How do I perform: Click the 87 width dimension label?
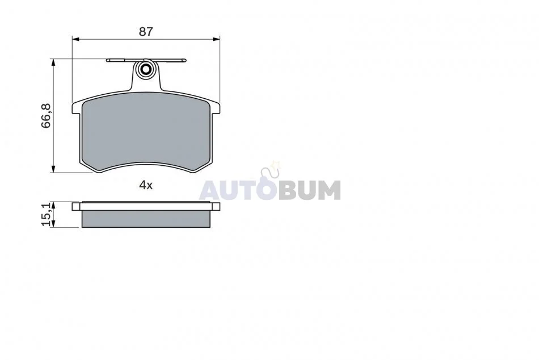coord(146,32)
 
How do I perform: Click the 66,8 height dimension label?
coord(46,116)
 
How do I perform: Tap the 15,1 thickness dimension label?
coord(46,215)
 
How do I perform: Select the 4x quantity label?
coord(146,186)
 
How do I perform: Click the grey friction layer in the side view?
coord(146,219)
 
